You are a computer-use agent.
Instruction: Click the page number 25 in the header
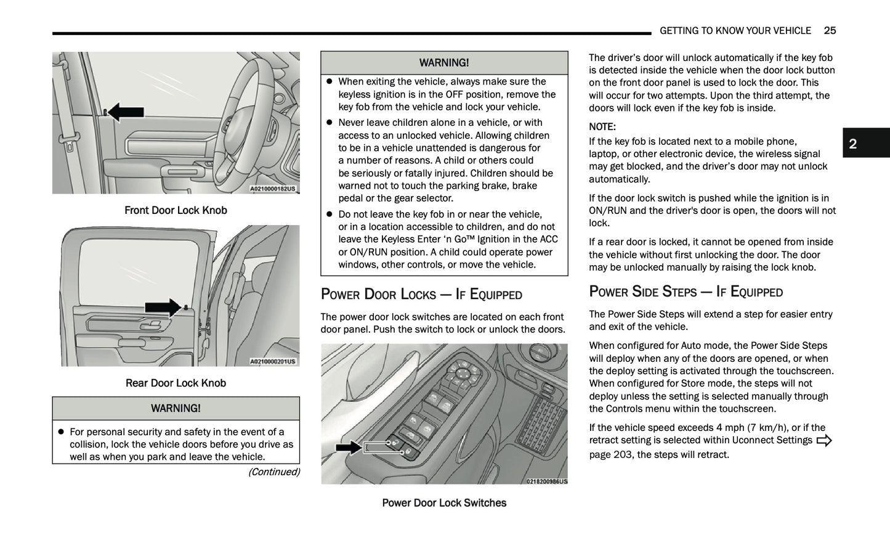[830, 31]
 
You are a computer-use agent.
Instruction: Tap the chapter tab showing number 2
[865, 143]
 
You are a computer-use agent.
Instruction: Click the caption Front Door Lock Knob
[176, 210]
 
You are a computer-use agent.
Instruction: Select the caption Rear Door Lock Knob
[176, 383]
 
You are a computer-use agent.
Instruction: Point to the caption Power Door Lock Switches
[444, 502]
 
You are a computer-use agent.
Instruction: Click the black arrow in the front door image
[126, 112]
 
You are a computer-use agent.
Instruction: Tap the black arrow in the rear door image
[163, 307]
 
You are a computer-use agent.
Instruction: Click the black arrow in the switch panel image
[348, 447]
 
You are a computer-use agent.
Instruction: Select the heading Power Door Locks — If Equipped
[421, 294]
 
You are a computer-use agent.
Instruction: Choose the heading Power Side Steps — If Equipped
[686, 292]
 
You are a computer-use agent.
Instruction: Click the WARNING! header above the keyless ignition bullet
[444, 63]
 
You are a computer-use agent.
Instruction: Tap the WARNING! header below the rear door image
[176, 408]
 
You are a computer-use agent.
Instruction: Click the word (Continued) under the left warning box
[273, 472]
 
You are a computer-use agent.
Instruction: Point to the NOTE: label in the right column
[602, 126]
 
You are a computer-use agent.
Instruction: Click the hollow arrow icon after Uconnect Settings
[823, 440]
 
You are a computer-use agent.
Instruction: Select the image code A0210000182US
[272, 189]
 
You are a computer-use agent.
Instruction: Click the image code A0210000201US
[272, 361]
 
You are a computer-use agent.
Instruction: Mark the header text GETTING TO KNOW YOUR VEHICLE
[735, 31]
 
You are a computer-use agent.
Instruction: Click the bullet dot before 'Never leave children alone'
[329, 123]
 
